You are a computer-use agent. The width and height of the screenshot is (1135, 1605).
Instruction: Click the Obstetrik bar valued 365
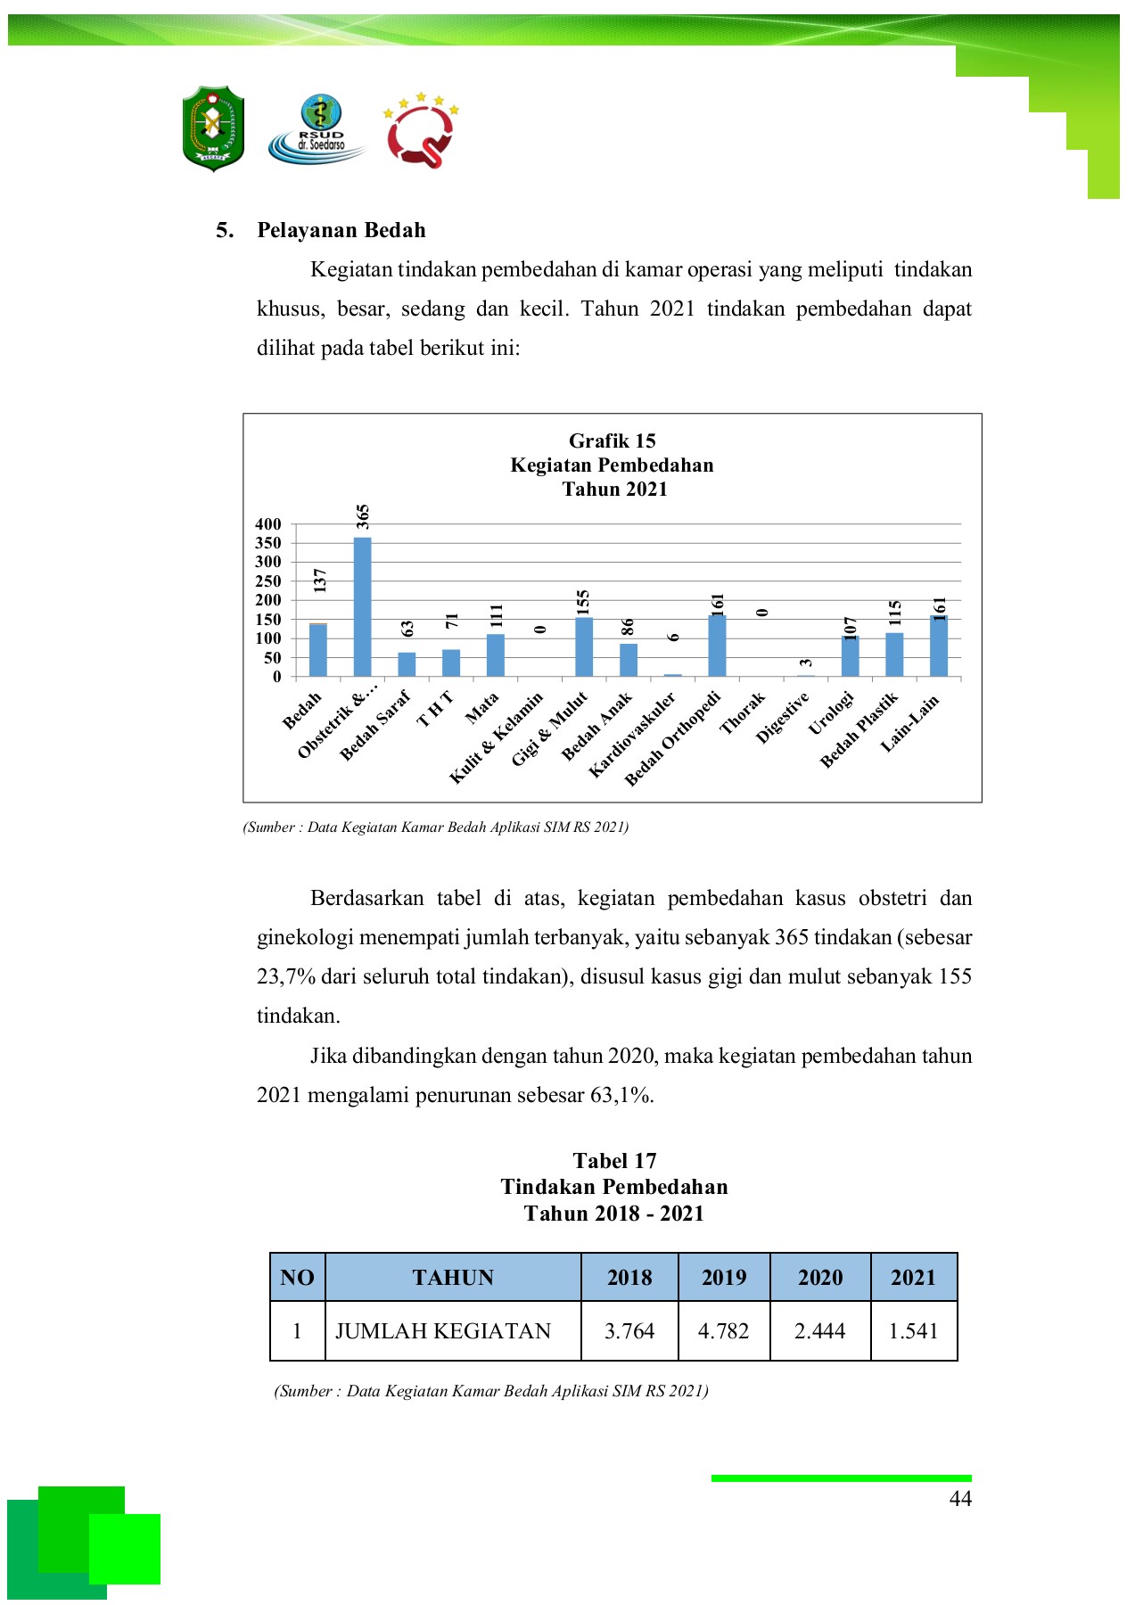coord(362,606)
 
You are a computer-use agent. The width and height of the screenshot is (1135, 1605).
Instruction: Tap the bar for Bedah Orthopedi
coord(717,646)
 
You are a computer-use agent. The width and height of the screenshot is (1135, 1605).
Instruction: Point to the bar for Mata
coord(496,655)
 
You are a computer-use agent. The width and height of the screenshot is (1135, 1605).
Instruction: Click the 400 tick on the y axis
coord(268,524)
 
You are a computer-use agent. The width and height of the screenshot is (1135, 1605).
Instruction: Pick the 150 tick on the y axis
coord(268,620)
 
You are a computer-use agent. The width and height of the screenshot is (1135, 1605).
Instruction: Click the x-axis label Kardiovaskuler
coord(634,733)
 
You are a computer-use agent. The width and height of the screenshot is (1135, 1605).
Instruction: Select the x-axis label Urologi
coord(831,713)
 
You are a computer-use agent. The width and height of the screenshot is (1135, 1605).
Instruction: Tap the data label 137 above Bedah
coord(320,580)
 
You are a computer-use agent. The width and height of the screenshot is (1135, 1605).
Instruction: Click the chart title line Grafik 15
coord(613,440)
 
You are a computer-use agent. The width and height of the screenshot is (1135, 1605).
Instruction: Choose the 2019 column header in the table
coord(724,1278)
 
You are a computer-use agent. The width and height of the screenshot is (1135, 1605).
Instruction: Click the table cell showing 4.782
coord(724,1331)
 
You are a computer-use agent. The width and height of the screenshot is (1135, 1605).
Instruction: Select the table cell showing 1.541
coord(914,1331)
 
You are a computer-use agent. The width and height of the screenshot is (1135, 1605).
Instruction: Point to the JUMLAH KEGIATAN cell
coord(443,1331)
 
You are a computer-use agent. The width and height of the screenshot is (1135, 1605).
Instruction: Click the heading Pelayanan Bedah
coord(341,230)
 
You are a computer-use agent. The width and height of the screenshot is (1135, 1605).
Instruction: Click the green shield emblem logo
coord(214,128)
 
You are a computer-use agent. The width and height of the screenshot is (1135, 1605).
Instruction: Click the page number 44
coord(960,1499)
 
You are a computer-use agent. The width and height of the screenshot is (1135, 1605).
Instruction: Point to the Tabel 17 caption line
coord(614,1160)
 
